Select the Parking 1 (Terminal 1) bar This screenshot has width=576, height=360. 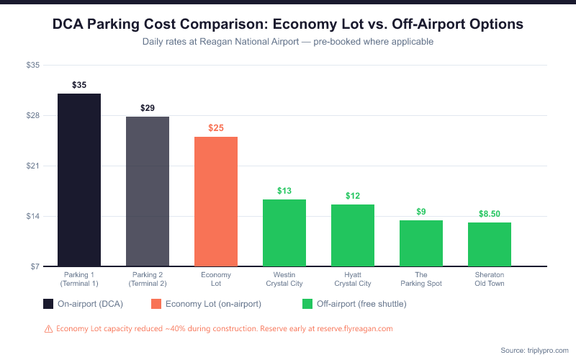pos(79,180)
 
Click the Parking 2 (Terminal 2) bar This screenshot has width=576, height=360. pos(148,192)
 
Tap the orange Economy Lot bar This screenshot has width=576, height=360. pos(216,202)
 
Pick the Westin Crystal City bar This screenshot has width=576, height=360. pos(284,233)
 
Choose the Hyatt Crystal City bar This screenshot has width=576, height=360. pos(353,235)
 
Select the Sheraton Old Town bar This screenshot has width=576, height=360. pos(490,245)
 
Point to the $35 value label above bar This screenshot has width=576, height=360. pos(79,85)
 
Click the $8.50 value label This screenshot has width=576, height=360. pos(490,214)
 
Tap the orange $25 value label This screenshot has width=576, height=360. pos(216,128)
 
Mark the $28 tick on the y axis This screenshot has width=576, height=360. pos(33,116)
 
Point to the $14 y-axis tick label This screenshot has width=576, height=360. pos(33,217)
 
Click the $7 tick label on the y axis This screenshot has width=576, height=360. pos(35,267)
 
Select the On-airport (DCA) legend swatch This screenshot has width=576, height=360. pos(48,304)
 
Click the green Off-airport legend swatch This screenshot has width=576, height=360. pos(307,304)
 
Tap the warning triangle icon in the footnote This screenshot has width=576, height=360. pos(48,328)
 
